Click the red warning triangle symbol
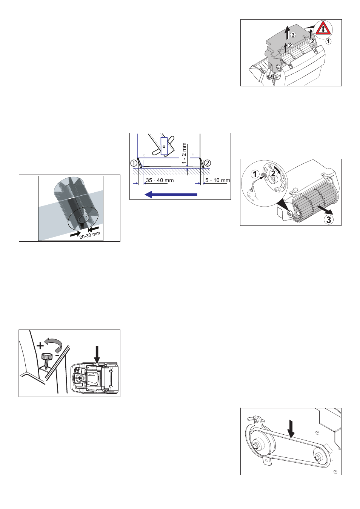click(x=323, y=29)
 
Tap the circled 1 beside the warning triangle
click(x=329, y=41)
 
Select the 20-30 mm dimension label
click(x=90, y=235)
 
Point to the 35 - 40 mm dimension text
click(x=160, y=180)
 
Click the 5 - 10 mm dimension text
click(x=217, y=180)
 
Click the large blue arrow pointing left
click(x=171, y=195)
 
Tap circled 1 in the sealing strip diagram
click(x=134, y=163)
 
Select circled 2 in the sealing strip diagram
click(x=208, y=163)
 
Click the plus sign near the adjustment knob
click(x=40, y=346)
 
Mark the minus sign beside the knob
click(x=57, y=355)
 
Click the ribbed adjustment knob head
click(x=47, y=356)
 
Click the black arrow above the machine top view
click(x=97, y=354)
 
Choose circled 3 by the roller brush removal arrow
click(x=329, y=219)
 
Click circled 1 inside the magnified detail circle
click(x=255, y=174)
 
